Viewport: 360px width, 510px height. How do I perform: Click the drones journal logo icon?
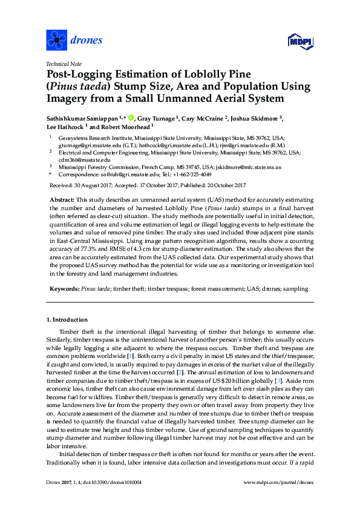pos(56,41)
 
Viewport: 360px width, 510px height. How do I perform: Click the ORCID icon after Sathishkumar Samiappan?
pos(131,119)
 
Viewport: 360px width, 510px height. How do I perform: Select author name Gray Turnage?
pos(157,119)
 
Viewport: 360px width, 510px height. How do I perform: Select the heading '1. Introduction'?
pos(67,319)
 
